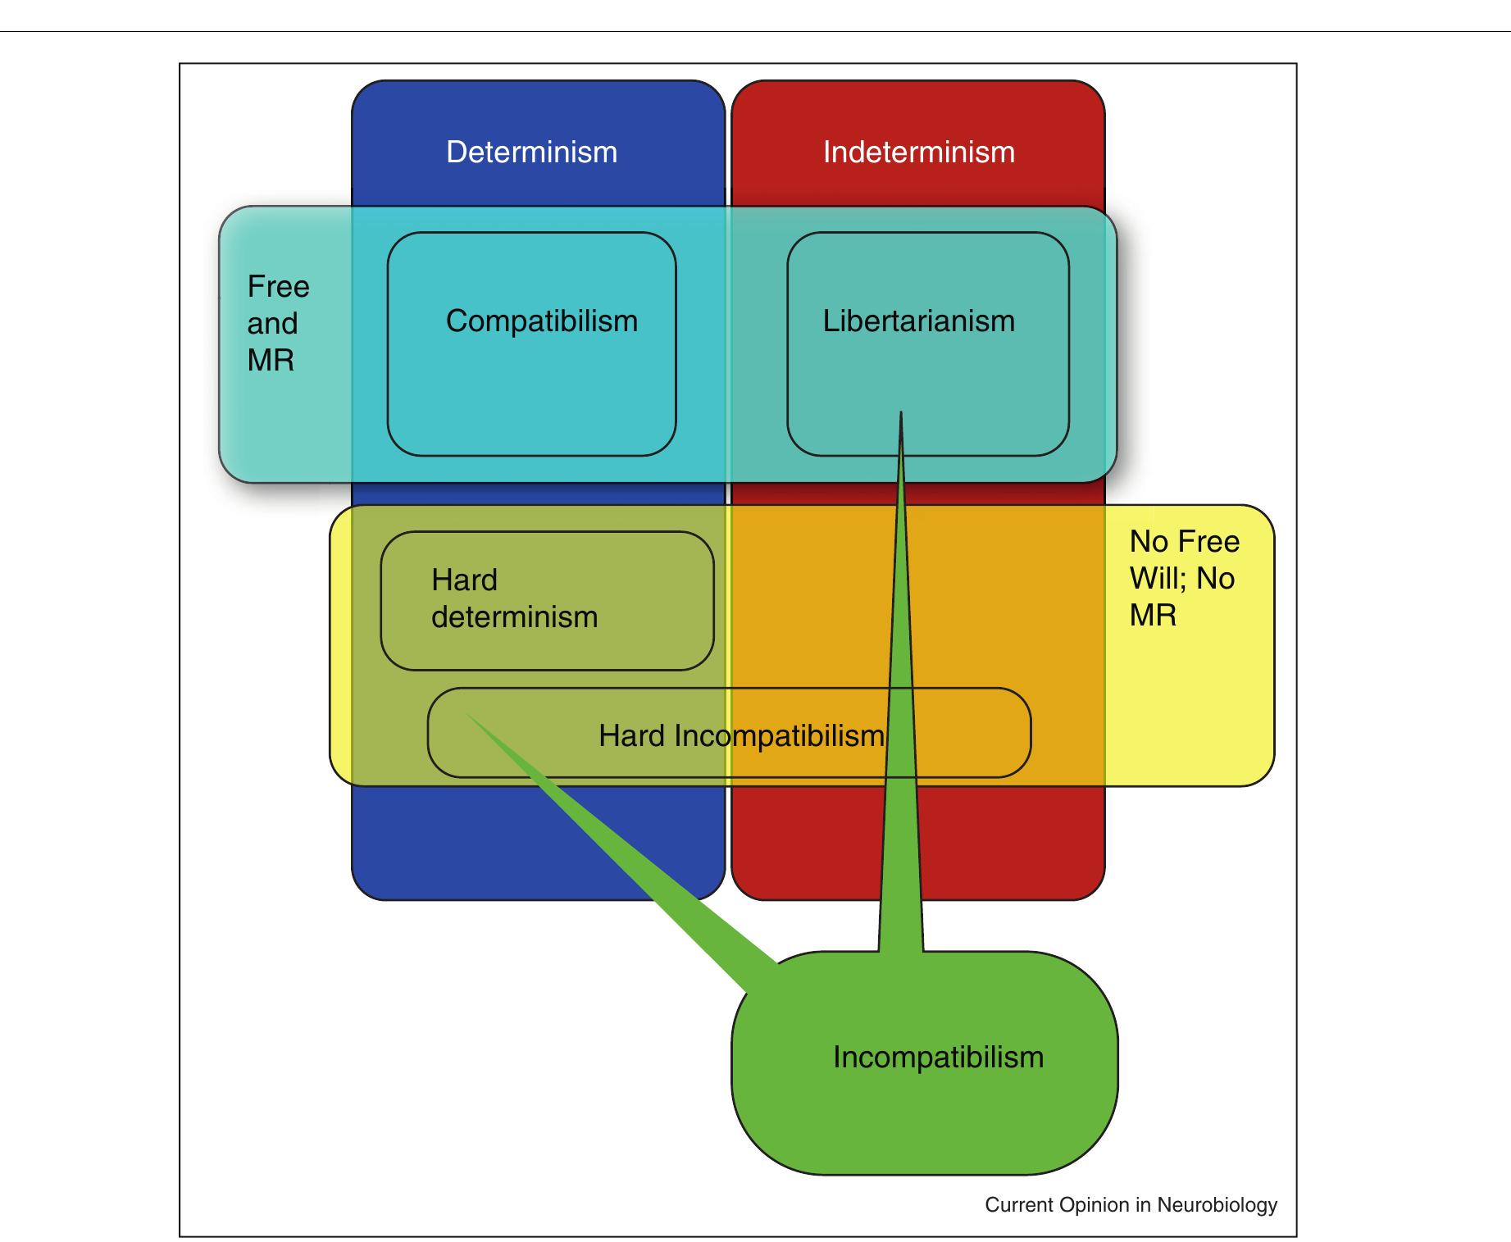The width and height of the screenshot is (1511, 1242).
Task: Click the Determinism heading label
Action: click(x=531, y=152)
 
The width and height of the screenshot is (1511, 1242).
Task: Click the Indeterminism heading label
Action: click(x=918, y=152)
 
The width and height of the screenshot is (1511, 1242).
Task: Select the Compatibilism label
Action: click(x=541, y=321)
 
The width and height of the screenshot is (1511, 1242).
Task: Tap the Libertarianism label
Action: click(x=918, y=321)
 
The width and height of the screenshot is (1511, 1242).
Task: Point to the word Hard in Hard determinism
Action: click(x=464, y=580)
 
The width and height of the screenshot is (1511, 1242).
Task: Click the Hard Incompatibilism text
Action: click(x=741, y=736)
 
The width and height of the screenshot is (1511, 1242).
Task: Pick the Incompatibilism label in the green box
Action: click(x=938, y=1058)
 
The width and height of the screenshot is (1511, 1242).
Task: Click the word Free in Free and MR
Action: click(x=279, y=287)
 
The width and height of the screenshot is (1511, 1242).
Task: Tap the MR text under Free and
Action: click(x=271, y=361)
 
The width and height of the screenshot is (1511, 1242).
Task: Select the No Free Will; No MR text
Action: click(x=1183, y=579)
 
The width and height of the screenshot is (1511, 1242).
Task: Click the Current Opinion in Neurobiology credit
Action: click(x=1131, y=1205)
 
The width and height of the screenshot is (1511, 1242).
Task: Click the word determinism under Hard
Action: click(x=514, y=617)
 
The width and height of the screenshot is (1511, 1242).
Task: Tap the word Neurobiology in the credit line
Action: click(x=1217, y=1205)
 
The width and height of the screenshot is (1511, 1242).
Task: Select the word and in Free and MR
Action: click(x=272, y=324)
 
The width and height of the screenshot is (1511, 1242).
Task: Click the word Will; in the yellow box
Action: click(x=1158, y=579)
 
